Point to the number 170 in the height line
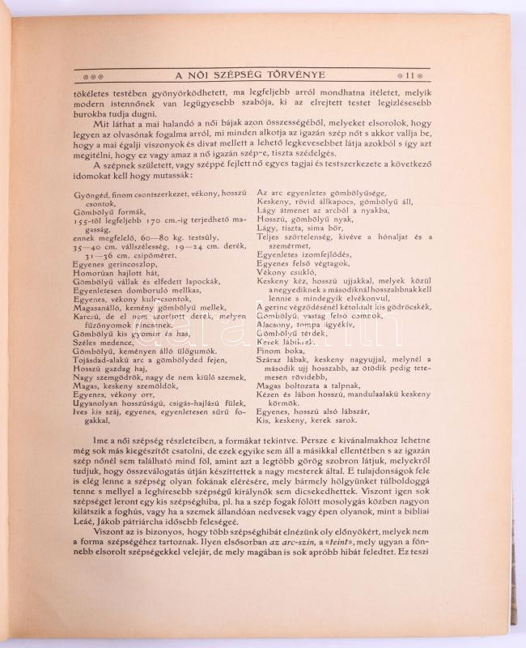tap(154, 218)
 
